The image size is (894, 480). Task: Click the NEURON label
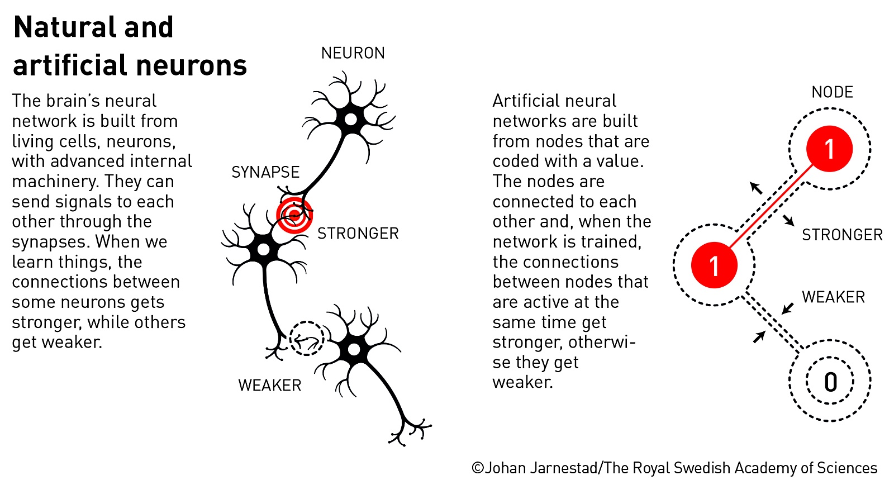(x=353, y=53)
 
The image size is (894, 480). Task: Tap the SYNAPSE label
(x=265, y=172)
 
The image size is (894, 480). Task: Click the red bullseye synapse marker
(x=294, y=216)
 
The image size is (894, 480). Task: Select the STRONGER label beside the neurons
(x=358, y=234)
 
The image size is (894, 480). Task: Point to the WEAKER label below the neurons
(x=270, y=386)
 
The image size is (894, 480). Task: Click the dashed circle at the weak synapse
(x=307, y=339)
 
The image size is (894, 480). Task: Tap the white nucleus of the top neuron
(x=351, y=120)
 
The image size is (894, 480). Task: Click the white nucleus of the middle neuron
(x=263, y=250)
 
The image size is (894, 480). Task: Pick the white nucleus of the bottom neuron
(x=354, y=350)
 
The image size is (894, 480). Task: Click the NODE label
(x=832, y=92)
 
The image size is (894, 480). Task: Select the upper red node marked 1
(x=829, y=149)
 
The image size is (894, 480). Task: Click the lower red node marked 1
(x=715, y=265)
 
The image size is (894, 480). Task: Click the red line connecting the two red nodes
(x=772, y=207)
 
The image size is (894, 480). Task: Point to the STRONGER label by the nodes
(x=842, y=235)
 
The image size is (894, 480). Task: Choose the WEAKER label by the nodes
(x=833, y=297)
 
